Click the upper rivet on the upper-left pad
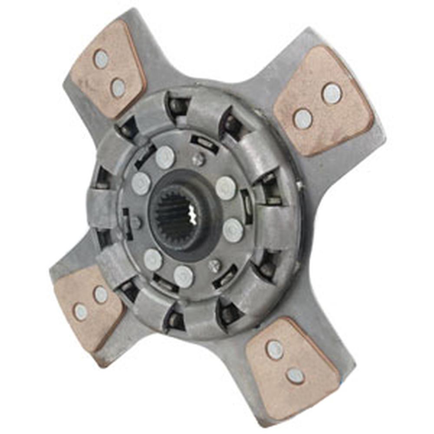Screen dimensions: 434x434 coord(101,59)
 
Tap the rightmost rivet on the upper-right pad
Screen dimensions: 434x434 coord(332,94)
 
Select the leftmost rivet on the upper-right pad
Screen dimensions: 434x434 coord(302,118)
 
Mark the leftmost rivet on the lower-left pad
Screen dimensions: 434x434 coord(80,312)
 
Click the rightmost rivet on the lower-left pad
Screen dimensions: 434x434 coord(101,295)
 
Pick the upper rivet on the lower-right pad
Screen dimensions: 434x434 coord(275,350)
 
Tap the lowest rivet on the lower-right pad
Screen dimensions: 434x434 coord(295,376)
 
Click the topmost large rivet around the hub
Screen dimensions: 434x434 coord(165,158)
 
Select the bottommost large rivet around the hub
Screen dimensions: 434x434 coord(183,276)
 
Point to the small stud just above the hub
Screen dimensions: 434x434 coord(198,160)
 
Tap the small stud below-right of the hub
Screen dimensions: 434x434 coord(214,265)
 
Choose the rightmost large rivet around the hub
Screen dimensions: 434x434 coord(233,230)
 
